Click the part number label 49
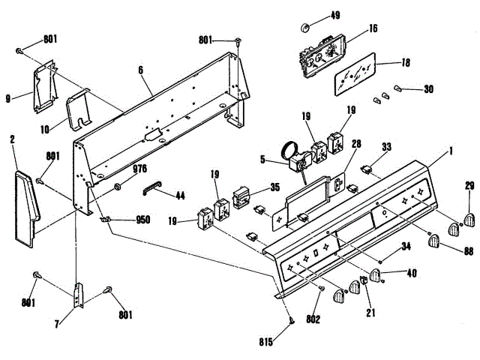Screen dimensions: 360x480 pyautogui.click(x=334, y=15)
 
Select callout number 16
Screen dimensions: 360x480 pyautogui.click(x=373, y=30)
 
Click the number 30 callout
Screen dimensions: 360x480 pyautogui.click(x=428, y=89)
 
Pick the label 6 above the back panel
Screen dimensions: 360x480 pyautogui.click(x=140, y=70)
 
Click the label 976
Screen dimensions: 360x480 pyautogui.click(x=139, y=169)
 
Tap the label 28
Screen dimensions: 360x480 pyautogui.click(x=356, y=143)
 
